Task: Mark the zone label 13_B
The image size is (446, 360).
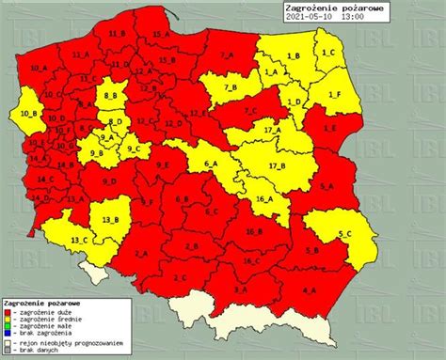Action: pos(110,219)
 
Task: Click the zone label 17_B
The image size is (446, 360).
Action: pos(277,165)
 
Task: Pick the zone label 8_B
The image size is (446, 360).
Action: pos(110,95)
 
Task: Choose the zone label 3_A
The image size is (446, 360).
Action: pos(240,290)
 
